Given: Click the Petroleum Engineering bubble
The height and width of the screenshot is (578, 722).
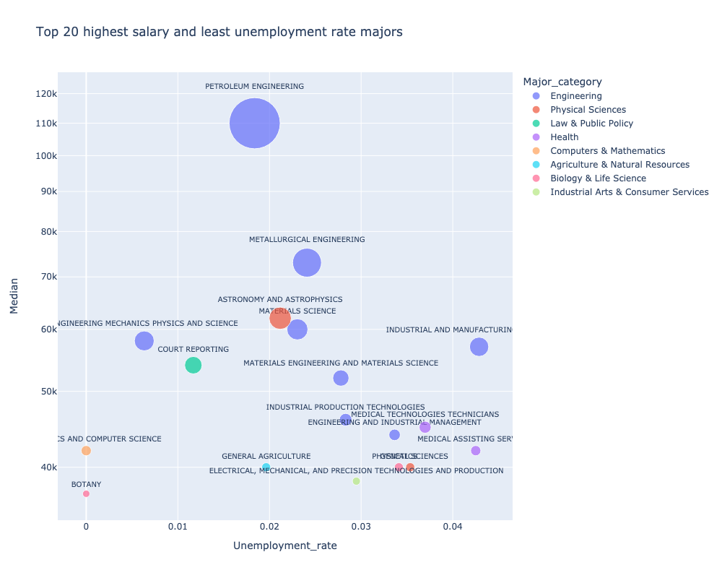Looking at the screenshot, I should point(255,124).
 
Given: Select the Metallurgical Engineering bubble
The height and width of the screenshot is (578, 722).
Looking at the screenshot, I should point(307,262).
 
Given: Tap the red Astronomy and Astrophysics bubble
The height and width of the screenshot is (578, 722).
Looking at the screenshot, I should point(280,318).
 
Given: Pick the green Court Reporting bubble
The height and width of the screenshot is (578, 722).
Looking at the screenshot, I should point(193,365).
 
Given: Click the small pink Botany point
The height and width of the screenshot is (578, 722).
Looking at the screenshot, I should point(86,494).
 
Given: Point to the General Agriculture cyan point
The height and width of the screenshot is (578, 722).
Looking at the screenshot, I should point(266,467).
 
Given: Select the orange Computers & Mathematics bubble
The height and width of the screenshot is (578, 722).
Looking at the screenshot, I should point(86,451).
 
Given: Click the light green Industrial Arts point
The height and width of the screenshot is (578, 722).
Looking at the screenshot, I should point(356,481).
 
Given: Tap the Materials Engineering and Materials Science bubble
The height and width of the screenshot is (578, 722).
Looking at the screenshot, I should point(341,378).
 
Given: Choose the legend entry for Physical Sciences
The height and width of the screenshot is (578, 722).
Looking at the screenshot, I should point(588,110).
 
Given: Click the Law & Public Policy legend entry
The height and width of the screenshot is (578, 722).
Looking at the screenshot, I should point(591,124).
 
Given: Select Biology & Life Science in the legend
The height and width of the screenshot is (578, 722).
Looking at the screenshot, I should point(598,178).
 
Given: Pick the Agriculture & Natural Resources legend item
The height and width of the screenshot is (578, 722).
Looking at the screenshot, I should point(619,165).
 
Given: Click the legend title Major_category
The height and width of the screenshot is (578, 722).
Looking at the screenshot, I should point(562,81).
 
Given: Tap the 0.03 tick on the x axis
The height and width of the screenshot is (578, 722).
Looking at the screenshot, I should point(361,527).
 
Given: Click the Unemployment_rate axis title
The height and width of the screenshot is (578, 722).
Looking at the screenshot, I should point(284,546).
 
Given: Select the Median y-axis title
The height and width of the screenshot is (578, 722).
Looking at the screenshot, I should point(14,298).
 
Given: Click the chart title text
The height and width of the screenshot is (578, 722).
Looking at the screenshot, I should point(219,32).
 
